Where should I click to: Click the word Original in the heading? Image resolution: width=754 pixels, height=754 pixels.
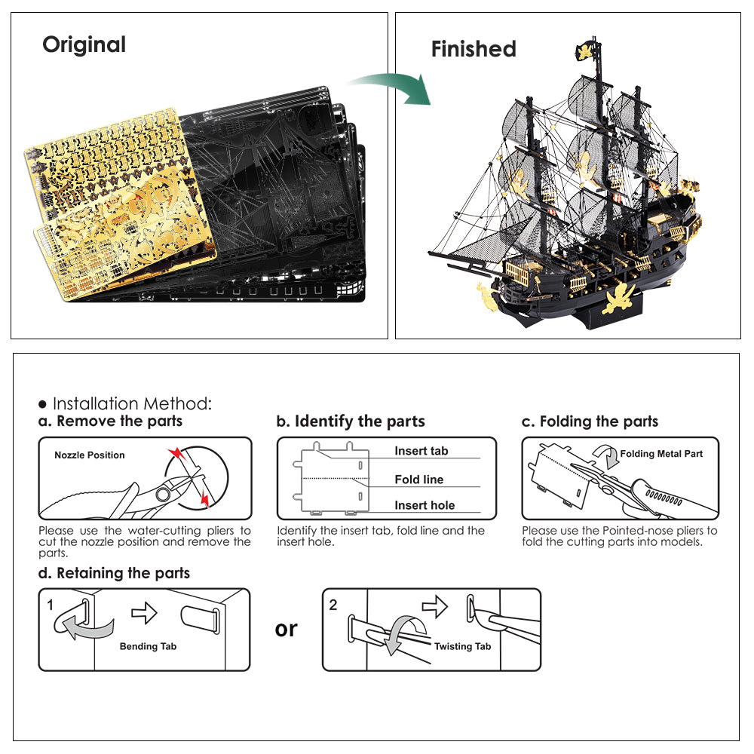pos(84,44)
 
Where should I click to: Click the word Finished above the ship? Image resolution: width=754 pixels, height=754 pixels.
pos(474,49)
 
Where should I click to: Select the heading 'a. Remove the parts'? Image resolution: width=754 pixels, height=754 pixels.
pos(110,421)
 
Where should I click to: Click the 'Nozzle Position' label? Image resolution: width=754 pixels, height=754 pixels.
pos(90,455)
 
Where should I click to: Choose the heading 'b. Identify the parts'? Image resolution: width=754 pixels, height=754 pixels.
pos(351,421)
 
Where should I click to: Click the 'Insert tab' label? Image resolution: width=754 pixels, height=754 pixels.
pos(421,451)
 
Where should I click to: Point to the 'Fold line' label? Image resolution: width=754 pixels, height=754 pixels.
pos(419,480)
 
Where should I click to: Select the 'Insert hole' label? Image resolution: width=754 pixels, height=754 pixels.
pos(425,506)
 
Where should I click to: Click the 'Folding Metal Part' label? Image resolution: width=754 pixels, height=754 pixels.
pos(661,454)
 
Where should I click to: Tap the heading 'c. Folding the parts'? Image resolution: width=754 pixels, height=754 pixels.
pos(590,421)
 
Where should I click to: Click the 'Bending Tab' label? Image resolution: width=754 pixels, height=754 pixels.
pos(149,646)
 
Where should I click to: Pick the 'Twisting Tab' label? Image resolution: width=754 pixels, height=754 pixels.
pos(462,646)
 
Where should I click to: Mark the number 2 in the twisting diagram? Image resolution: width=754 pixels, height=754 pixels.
pos(333,605)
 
